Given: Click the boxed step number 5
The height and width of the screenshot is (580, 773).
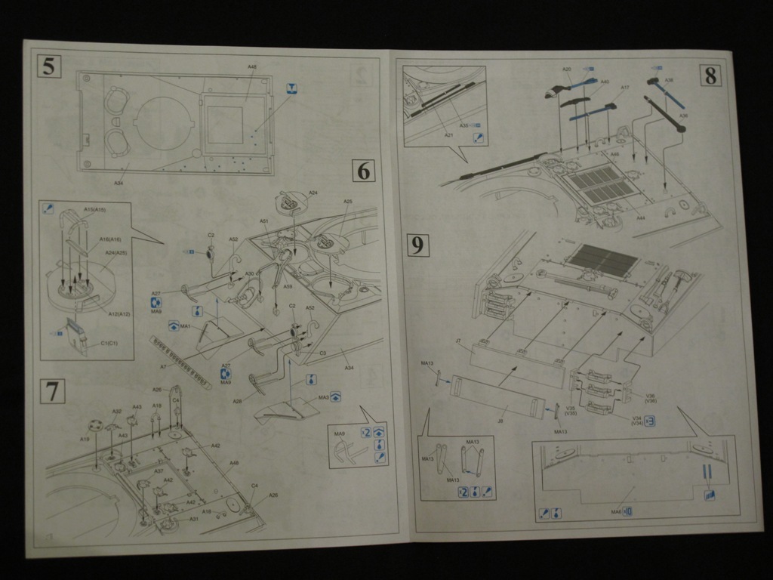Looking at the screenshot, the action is point(48,66).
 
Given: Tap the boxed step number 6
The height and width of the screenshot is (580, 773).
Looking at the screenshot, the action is point(364,171).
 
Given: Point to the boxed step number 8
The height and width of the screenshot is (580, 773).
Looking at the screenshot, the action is point(710,76).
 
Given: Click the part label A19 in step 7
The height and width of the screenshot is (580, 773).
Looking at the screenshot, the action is point(85,439).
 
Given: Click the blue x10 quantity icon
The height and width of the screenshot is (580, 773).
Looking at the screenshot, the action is point(627,512).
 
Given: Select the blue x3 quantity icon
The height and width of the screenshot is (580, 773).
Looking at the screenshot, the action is point(648,421).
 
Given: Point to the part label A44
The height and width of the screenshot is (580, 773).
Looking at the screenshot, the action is point(640,217).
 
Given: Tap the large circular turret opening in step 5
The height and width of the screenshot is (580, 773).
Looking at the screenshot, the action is point(165,125).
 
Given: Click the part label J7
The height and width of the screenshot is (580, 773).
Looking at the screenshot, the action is point(459,342).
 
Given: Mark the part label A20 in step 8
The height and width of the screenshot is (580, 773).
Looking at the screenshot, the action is point(567,69).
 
